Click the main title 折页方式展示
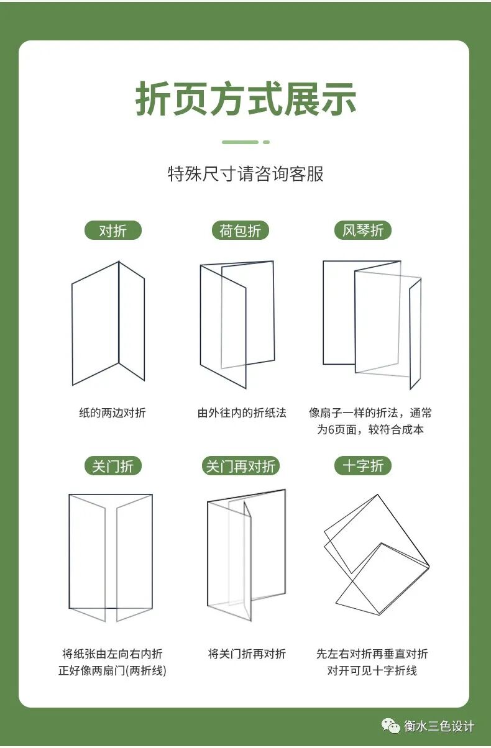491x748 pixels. coord(245,99)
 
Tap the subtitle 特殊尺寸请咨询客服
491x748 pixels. coord(245,174)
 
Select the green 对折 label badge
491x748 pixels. coord(113,230)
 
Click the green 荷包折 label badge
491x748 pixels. coord(240,230)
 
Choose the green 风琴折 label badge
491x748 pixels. coord(363,230)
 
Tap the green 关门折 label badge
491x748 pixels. coord(113,466)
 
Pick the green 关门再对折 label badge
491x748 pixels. coord(241,466)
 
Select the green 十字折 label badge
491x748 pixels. coord(363,466)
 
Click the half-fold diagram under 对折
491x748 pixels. coord(119,323)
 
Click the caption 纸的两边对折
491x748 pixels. coord(112,413)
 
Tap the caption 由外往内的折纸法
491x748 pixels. coord(242,413)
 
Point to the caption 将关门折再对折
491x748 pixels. coord(247,654)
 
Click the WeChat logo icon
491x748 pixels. coord(390,726)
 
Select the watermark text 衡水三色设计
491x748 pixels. coord(439,726)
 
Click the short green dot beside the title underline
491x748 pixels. coord(266,142)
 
